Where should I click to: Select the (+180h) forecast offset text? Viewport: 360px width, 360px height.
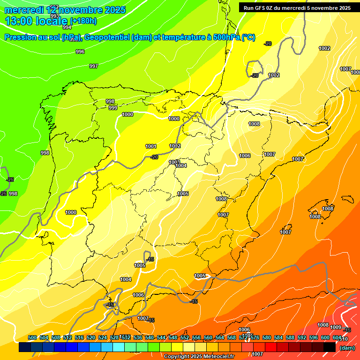click(x=83, y=21)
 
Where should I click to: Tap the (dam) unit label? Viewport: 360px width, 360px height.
click(x=347, y=348)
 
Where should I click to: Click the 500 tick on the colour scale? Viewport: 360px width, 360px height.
click(x=32, y=337)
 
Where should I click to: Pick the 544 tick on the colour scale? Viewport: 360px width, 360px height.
click(x=161, y=337)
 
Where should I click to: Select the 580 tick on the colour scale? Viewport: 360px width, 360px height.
click(x=267, y=337)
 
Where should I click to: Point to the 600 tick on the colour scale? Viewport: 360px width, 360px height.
click(x=325, y=337)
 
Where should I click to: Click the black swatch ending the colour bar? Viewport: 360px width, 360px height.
click(x=330, y=347)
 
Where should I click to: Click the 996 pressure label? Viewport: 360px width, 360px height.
click(x=80, y=52)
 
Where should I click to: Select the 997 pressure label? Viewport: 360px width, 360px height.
click(x=94, y=66)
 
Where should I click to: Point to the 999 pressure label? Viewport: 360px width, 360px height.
click(x=113, y=108)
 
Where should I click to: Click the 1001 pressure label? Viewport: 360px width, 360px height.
click(x=150, y=146)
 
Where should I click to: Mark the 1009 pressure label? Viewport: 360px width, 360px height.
click(x=336, y=327)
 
